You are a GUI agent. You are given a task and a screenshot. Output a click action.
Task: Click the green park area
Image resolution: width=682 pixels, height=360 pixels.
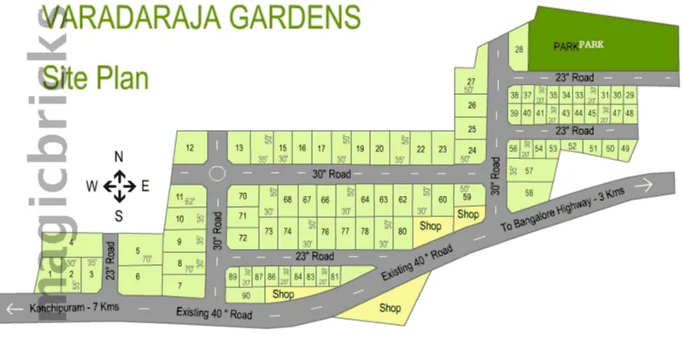point(590,38)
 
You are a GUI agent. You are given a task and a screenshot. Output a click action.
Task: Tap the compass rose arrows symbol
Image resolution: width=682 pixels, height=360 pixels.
point(120,186)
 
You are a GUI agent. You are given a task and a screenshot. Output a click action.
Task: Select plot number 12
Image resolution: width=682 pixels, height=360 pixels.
point(191,148)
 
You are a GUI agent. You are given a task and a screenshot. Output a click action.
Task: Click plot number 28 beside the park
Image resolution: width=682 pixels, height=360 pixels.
point(519,50)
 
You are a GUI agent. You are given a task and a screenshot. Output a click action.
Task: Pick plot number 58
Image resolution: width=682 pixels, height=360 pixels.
point(529,192)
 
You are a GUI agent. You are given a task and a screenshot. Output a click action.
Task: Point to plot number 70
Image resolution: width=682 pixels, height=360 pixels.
point(243,197)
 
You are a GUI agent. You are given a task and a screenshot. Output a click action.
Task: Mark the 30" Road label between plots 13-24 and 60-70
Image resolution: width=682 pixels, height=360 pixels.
point(332,174)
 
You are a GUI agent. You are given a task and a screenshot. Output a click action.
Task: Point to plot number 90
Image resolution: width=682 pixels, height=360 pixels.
point(245,296)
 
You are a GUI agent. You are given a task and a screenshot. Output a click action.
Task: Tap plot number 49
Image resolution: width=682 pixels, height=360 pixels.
point(626,148)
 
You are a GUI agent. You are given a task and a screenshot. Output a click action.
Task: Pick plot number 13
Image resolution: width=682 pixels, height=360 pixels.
point(239,148)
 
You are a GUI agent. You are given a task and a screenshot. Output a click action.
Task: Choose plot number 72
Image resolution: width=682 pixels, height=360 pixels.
point(243,238)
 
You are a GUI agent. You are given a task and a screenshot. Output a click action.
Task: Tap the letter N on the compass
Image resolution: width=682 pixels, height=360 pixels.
point(120,156)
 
